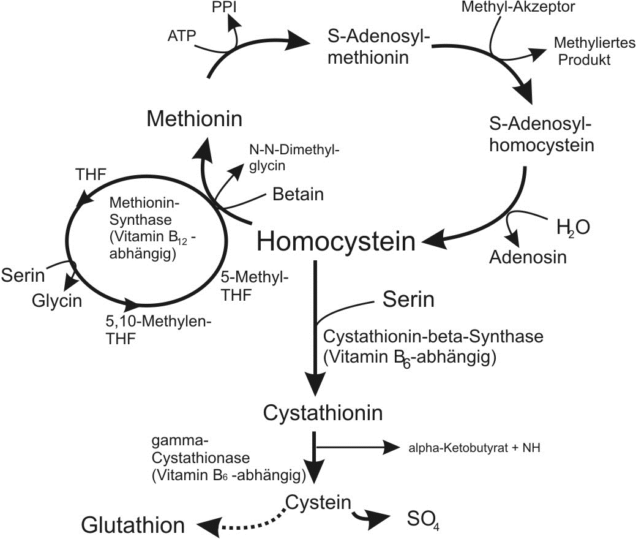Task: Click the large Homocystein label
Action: point(336,241)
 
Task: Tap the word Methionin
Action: point(195,118)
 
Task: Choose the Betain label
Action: point(298,194)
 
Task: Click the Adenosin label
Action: point(528,256)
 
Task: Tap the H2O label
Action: point(573,227)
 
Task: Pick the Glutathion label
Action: point(133,525)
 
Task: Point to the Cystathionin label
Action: point(323,412)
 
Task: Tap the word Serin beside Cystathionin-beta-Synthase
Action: point(408,300)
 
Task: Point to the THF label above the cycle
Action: point(91,174)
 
